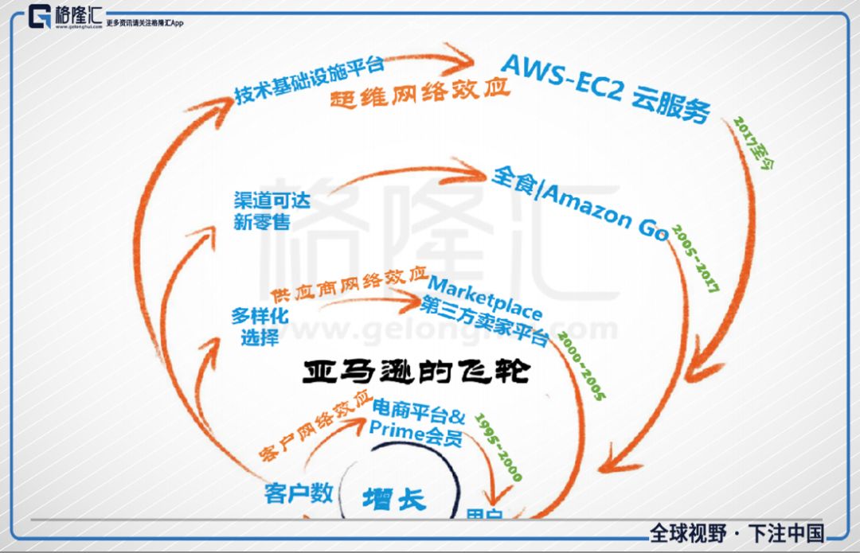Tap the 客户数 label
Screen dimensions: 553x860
point(298,493)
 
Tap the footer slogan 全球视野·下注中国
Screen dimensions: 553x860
point(737,533)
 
